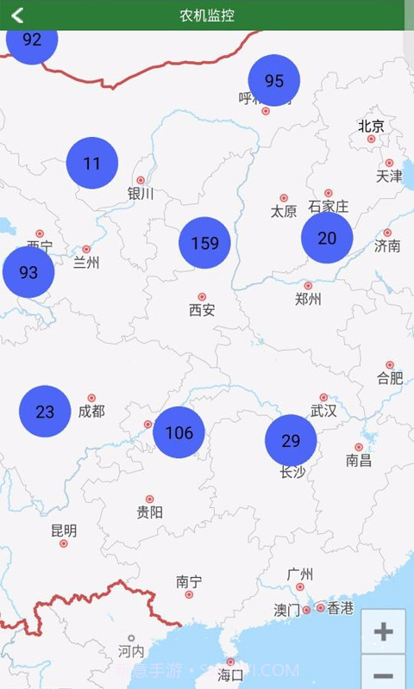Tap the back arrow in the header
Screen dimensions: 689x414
[x=17, y=15]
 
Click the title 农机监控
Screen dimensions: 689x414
[x=207, y=16]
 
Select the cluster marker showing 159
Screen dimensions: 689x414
[x=205, y=243]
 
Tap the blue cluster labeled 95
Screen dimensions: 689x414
[x=274, y=81]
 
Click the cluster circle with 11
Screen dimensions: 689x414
[x=92, y=163]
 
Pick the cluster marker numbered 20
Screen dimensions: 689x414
[x=327, y=238]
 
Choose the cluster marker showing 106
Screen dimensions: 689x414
[x=179, y=432]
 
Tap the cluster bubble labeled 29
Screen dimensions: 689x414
[x=291, y=441]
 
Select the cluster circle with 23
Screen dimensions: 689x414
[x=45, y=412]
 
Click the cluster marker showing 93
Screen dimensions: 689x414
[x=28, y=272]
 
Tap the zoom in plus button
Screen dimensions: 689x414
[x=383, y=631]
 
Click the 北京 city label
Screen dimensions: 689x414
[x=372, y=126]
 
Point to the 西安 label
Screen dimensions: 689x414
[x=202, y=310]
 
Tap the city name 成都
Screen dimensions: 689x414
[x=91, y=412]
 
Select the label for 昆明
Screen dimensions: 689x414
[x=64, y=531]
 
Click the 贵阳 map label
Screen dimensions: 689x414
[x=149, y=512]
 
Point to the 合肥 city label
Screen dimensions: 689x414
[x=390, y=377]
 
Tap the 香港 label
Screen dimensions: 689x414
[x=341, y=608]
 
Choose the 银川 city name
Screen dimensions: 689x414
[x=141, y=194]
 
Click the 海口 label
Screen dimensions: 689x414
[x=231, y=674]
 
